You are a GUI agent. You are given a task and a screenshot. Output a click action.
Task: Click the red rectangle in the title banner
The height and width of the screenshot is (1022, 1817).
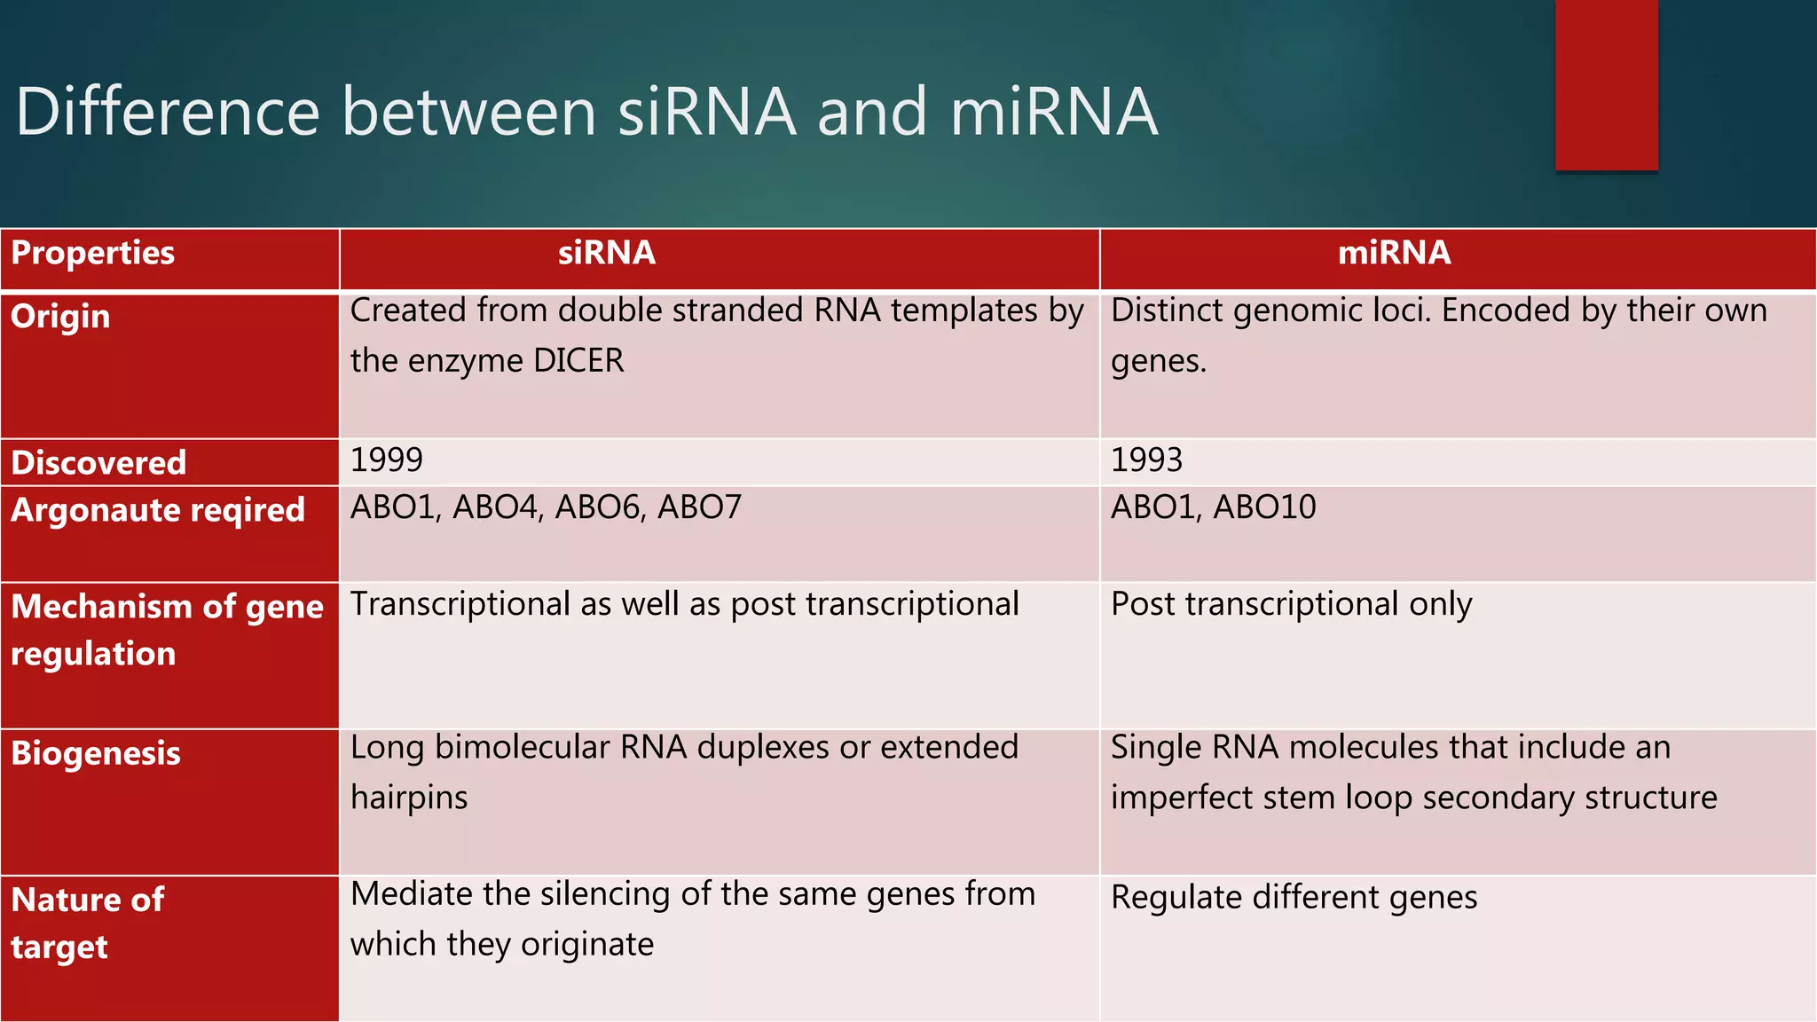pos(1606,85)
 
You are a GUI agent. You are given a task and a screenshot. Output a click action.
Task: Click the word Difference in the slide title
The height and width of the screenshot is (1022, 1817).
pos(169,112)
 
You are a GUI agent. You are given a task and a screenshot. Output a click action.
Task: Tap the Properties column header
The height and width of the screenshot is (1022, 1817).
pos(93,253)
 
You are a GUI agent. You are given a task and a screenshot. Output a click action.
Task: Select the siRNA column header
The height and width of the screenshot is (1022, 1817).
pos(607,253)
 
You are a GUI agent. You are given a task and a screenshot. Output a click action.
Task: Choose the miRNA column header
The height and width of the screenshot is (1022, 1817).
pos(1394,253)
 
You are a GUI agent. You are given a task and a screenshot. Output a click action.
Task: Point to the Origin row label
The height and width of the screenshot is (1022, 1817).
pos(60,317)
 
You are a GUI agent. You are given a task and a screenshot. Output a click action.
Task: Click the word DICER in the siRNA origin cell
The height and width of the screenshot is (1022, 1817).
pos(578,361)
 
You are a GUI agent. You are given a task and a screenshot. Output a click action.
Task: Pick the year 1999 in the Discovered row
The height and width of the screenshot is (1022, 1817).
pos(387,460)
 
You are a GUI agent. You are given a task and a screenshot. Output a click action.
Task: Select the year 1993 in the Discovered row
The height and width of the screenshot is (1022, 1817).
pos(1146,460)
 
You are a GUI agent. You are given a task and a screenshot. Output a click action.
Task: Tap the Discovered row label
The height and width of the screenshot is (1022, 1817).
pos(98,462)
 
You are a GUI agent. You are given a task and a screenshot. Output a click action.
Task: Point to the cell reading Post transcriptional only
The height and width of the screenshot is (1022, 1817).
pos(1291,605)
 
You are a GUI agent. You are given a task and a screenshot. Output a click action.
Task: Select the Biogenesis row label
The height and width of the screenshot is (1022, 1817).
pos(96,753)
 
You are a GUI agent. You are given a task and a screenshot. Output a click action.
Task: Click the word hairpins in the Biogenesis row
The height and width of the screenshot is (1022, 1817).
pos(409,798)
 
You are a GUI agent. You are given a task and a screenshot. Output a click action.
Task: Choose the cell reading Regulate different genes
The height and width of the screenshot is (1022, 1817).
pos(1294,898)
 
